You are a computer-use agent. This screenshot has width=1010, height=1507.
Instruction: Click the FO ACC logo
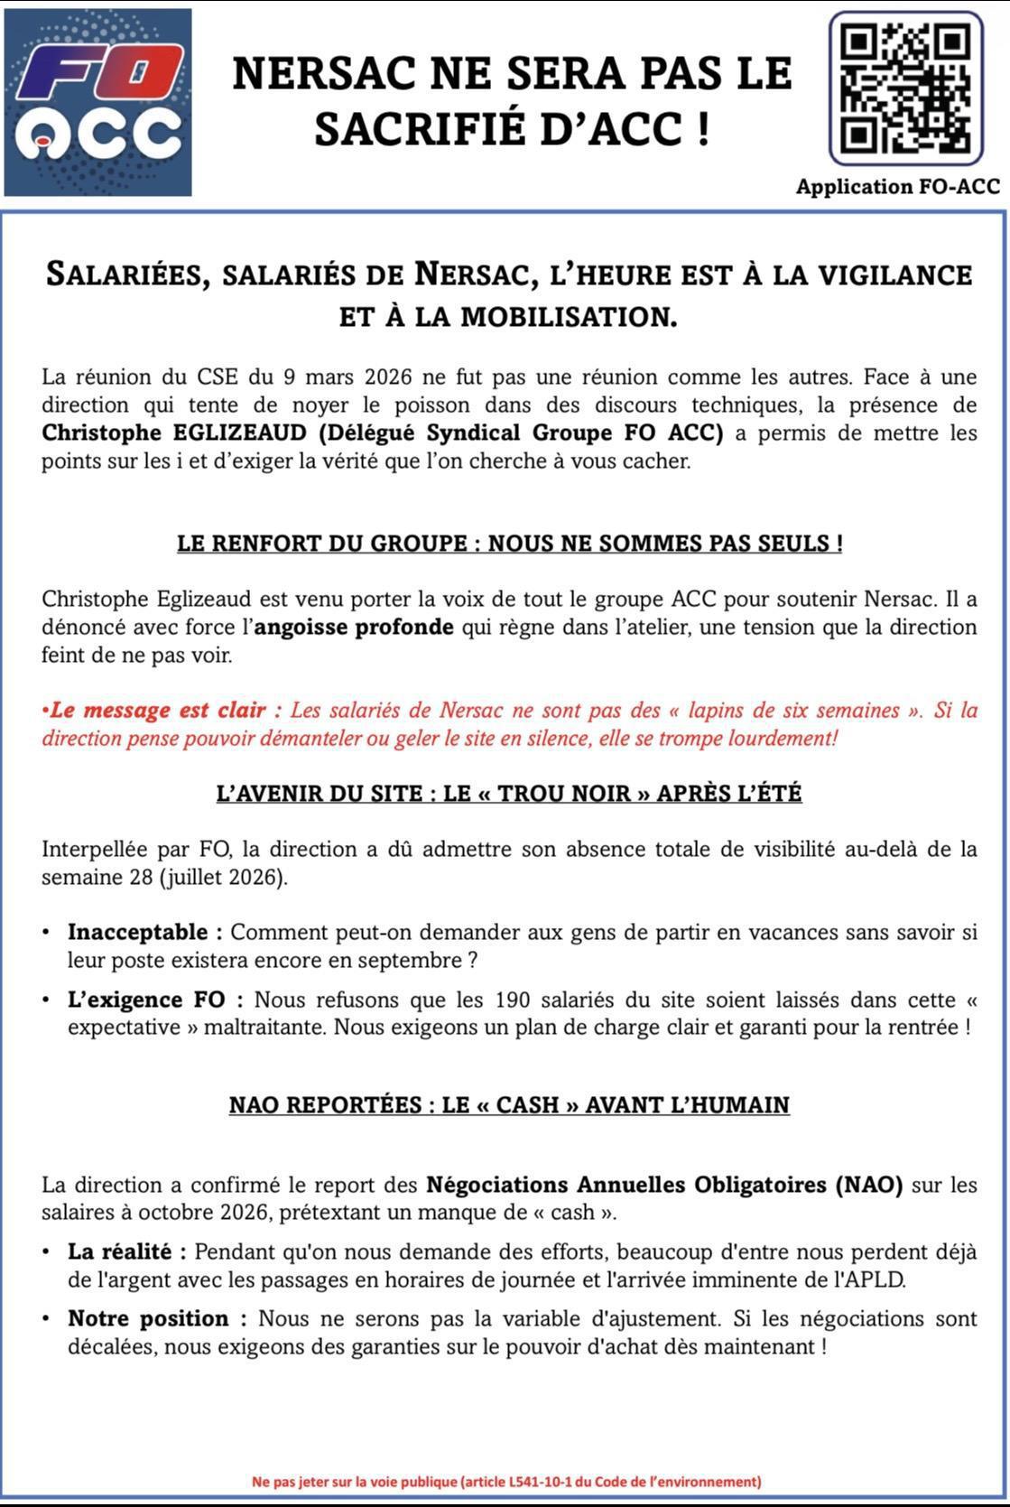coord(97,102)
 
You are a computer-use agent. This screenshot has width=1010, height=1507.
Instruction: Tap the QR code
coord(905,88)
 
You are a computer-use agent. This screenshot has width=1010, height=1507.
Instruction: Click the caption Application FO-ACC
coord(897,187)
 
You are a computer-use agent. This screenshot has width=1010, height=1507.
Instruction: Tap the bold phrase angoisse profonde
coord(354,627)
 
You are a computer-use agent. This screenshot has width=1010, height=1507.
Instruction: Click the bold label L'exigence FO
coord(153,1000)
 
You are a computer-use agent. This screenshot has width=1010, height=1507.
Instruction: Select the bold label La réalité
coord(126,1251)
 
